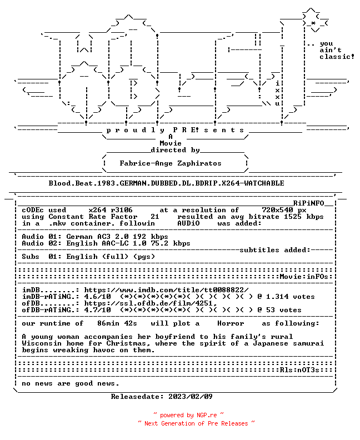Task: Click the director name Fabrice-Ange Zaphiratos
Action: point(171,163)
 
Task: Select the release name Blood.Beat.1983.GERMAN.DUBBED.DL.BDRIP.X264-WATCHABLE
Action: point(167,183)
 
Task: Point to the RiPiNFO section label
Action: point(309,203)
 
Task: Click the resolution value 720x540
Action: point(278,210)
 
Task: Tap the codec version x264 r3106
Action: point(111,210)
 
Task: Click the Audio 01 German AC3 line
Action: point(95,237)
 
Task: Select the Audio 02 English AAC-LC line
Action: point(106,243)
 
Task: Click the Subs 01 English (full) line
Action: point(88,257)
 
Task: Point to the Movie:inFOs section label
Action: point(304,277)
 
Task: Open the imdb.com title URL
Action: point(167,290)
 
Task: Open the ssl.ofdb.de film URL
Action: point(151,303)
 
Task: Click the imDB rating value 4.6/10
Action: point(97,297)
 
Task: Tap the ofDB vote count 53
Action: point(271,310)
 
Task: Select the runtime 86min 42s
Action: point(117,323)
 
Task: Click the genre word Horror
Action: point(231,323)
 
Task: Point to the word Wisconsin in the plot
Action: point(42,343)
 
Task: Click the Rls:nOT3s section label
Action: point(299,370)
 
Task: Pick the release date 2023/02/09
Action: point(191,397)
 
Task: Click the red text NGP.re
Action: point(207,415)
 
